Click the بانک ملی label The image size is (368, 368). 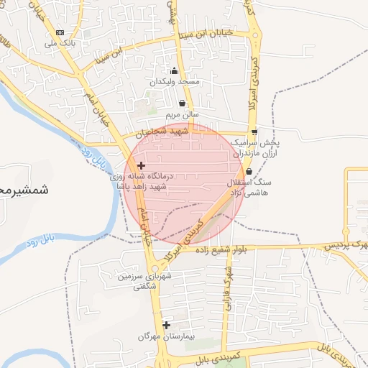[x=60, y=43]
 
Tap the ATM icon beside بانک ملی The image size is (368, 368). [x=60, y=32]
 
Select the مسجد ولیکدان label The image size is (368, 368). [x=173, y=83]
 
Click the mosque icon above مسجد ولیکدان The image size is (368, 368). [x=173, y=70]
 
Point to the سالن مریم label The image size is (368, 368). [x=182, y=114]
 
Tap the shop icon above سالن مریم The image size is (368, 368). [x=182, y=103]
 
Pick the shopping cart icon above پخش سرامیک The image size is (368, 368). [x=254, y=132]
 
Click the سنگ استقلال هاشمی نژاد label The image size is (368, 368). [x=249, y=187]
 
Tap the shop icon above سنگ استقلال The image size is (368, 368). [x=249, y=171]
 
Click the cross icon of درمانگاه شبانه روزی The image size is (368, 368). [x=141, y=166]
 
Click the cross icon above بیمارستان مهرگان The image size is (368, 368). [x=167, y=325]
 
